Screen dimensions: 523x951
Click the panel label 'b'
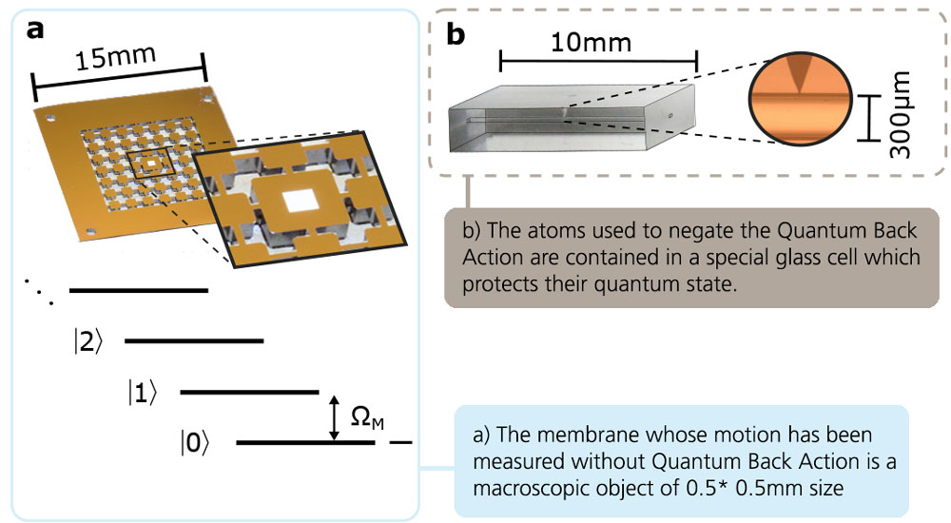coord(456,35)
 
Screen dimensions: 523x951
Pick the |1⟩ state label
coord(143,392)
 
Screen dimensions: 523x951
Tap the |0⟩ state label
coord(193,443)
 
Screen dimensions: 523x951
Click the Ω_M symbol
coord(364,418)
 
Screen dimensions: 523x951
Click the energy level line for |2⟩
coord(194,340)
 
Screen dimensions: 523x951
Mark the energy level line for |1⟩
coord(249,391)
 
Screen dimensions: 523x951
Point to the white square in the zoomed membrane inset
coord(301,199)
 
